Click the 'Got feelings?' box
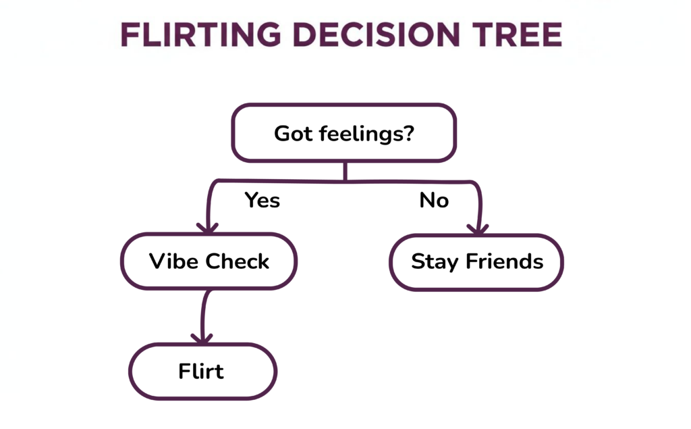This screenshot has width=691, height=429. click(344, 133)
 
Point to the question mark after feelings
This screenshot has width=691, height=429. click(407, 133)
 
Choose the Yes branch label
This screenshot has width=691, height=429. click(262, 201)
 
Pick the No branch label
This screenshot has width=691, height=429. click(434, 201)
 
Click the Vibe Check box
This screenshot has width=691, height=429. click(209, 261)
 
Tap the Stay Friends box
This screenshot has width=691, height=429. click(476, 262)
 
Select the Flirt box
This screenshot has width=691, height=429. click(202, 372)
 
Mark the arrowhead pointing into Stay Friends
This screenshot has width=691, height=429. click(478, 230)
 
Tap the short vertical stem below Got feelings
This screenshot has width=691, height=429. click(345, 171)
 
